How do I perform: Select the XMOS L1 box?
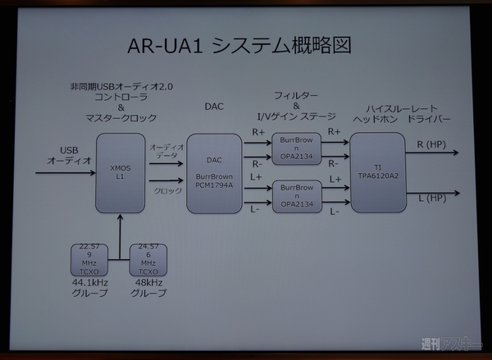point(120,172)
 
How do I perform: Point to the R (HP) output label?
point(431,145)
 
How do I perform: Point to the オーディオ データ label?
point(165,151)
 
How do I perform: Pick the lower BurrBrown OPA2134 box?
point(296,195)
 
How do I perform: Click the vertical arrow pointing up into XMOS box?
point(120,230)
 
